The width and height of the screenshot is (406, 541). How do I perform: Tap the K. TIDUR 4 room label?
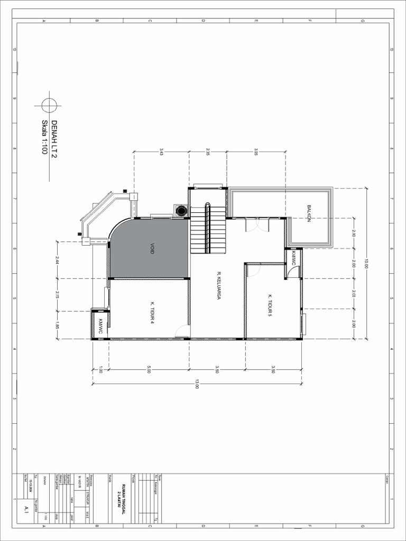152,312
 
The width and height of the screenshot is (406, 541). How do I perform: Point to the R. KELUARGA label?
218,286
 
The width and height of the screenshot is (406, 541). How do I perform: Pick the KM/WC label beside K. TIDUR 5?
294,258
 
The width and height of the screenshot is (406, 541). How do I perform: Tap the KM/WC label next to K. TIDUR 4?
100,326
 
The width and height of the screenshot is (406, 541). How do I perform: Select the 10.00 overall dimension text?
365,263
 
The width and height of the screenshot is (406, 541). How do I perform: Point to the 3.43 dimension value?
161,152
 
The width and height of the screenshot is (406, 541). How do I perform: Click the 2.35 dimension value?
208,152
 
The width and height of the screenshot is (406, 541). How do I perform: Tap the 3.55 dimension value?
256,152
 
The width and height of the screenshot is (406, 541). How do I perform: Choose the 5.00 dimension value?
149,370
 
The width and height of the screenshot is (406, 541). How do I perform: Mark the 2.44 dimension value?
57,260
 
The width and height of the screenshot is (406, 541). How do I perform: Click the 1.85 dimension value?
57,325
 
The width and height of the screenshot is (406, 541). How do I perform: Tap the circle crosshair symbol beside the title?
49,105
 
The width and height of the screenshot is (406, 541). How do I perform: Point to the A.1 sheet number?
26,509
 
